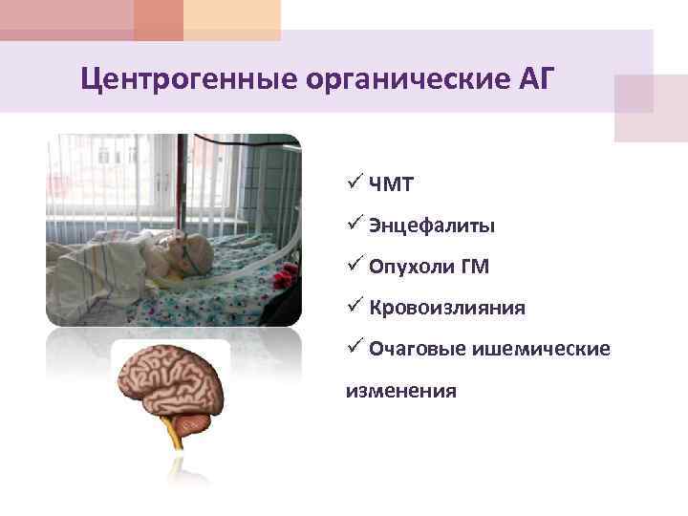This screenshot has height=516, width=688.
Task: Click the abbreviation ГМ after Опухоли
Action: click(473, 268)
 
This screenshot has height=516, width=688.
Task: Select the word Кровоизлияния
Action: click(446, 308)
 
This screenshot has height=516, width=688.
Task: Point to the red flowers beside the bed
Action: click(284, 279)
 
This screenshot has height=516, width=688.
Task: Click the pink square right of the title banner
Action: click(650, 108)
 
